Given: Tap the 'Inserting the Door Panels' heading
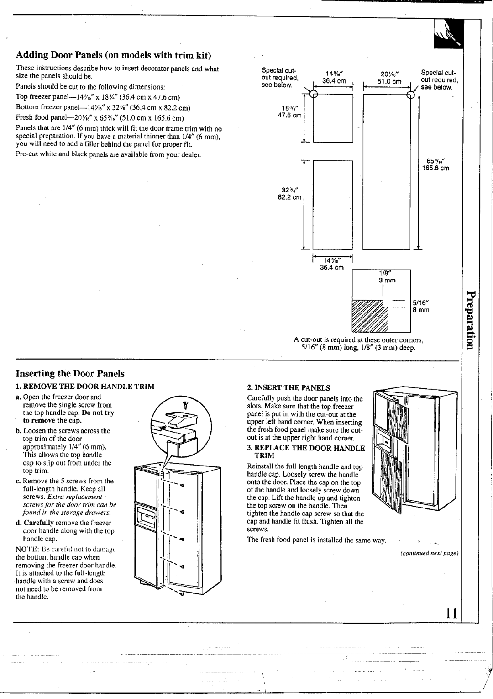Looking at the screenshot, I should (70, 373).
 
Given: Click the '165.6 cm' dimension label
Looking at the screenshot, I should (438, 168).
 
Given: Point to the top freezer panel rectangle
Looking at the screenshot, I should (333, 117).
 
